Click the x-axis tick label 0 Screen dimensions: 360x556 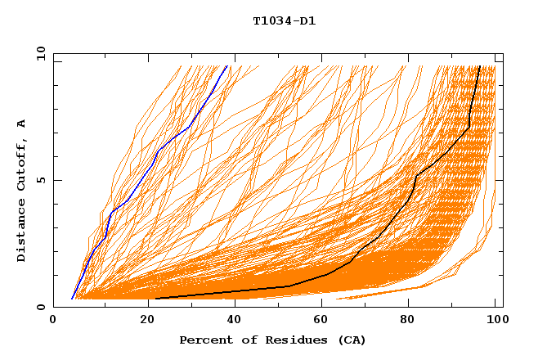click(53, 320)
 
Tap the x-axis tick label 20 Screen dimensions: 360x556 click(141, 320)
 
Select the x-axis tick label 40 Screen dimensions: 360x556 click(231, 320)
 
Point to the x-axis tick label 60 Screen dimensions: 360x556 click(319, 320)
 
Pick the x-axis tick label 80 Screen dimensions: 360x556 click(407, 320)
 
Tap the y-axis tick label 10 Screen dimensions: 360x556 click(40, 53)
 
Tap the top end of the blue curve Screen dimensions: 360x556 click(228, 65)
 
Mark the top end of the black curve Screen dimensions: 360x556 click(479, 65)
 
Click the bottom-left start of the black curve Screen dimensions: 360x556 click(155, 299)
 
